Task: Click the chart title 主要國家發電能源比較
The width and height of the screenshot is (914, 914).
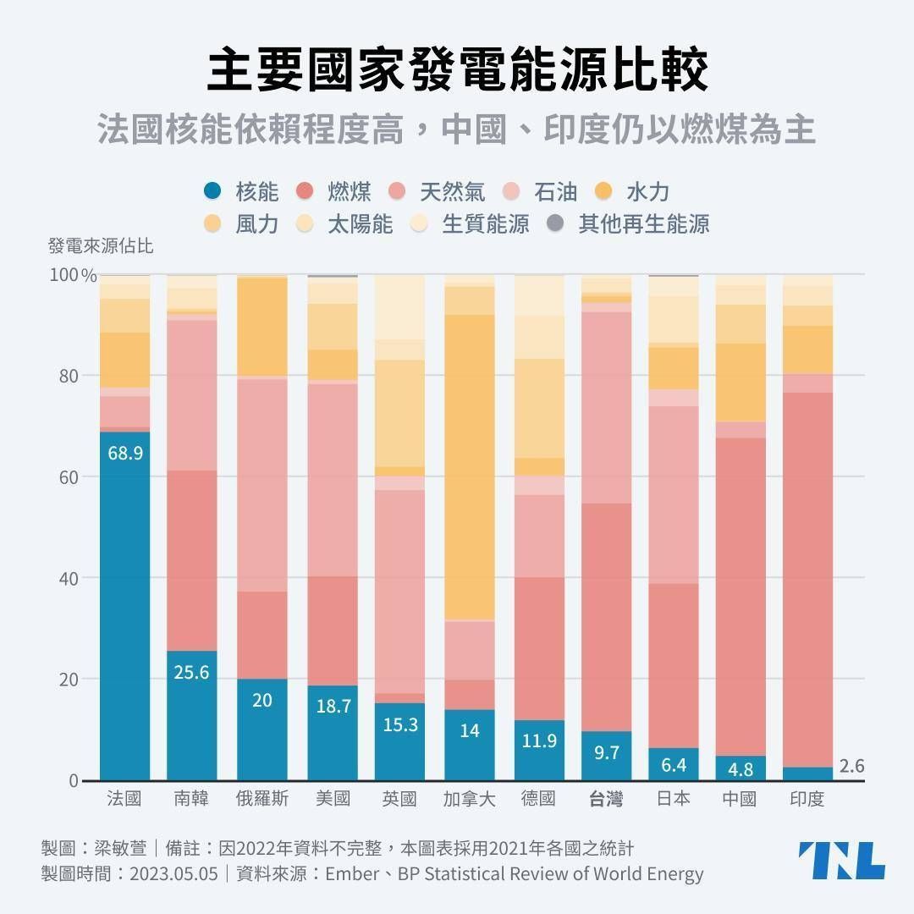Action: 457,71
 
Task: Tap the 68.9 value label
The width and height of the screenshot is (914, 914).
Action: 125,453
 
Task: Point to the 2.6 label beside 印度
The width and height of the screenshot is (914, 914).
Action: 851,766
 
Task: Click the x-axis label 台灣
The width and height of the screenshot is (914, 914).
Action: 606,799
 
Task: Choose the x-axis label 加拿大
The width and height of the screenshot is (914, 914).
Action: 469,799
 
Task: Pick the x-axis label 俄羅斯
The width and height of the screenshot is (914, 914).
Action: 262,799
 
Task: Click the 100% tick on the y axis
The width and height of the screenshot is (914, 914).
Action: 73,275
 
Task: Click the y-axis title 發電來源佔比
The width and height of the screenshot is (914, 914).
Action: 101,247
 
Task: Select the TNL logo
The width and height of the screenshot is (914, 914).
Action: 841,861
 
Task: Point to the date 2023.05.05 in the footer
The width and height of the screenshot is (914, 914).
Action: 173,873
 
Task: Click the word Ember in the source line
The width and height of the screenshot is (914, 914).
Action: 351,873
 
